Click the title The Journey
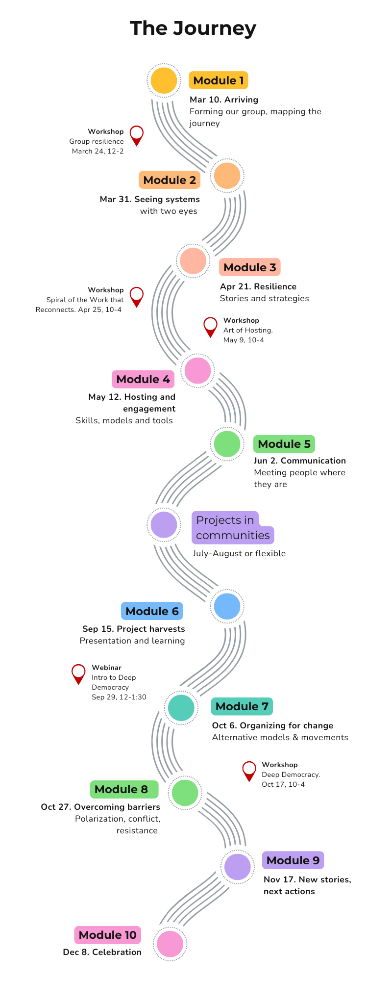(193, 28)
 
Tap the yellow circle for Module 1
(164, 80)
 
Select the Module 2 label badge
(170, 180)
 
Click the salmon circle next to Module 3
(193, 260)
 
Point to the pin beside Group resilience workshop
(137, 134)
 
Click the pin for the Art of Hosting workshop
(210, 326)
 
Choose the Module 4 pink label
(143, 379)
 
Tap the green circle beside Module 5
(227, 443)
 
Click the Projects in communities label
(232, 528)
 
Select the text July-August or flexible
(239, 553)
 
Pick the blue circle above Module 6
(227, 606)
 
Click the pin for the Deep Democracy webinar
(78, 673)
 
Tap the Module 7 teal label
(242, 706)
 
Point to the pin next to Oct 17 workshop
(249, 770)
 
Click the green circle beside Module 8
(185, 792)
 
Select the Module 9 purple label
(293, 860)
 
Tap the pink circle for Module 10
(170, 943)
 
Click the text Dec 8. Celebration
(102, 952)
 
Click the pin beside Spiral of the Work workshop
(137, 296)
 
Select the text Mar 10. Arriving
(224, 100)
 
